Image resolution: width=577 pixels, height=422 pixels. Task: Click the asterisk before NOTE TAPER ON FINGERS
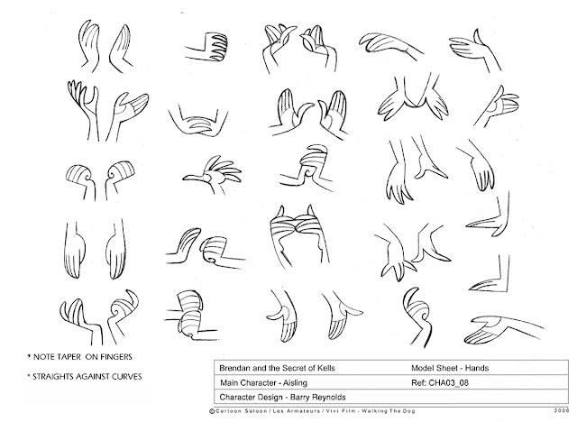pos(29,356)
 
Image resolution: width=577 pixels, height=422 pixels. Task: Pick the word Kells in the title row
pos(326,368)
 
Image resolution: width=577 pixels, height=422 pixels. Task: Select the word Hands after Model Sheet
pos(477,368)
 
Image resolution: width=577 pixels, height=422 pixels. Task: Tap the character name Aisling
pos(295,383)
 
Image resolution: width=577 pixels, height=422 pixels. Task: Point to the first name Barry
pos(299,398)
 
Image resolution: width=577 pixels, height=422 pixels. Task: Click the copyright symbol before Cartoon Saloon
pos(212,411)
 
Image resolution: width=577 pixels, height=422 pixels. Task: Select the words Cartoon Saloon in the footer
pos(241,411)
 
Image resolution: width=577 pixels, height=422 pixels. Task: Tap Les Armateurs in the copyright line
pos(296,411)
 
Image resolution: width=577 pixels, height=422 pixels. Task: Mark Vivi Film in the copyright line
pos(341,411)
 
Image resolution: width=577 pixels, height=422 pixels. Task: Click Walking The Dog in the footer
pos(389,411)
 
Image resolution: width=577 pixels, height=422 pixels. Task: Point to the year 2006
pos(561,411)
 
